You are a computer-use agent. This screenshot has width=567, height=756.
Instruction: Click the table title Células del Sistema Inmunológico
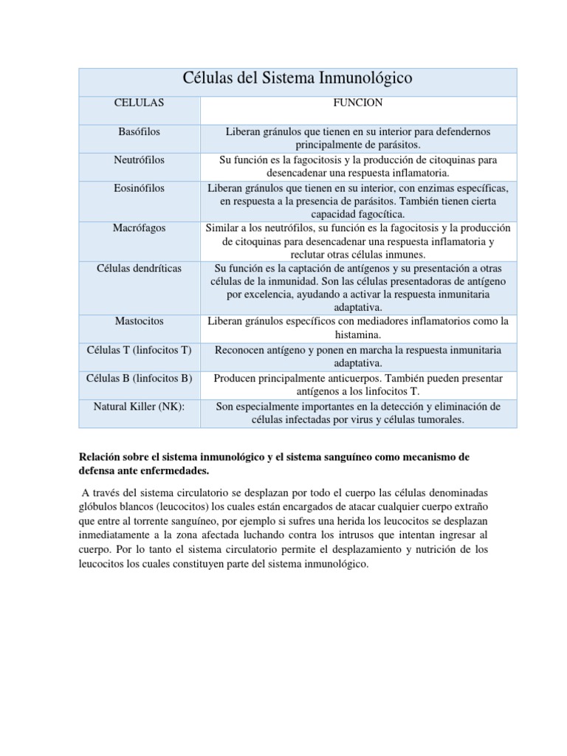point(297,78)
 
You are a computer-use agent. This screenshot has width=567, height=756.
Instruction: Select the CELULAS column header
point(140,103)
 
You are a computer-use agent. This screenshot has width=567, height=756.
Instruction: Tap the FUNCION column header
point(358,103)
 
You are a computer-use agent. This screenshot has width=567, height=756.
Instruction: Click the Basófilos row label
point(140,131)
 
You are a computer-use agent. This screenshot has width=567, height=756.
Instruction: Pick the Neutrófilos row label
point(140,159)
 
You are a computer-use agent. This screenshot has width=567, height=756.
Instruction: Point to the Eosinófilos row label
point(140,188)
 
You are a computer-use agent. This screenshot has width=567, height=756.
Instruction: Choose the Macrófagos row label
point(140,228)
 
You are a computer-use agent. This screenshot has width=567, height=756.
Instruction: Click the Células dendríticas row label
point(140,268)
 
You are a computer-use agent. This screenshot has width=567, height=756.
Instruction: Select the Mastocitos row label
point(140,321)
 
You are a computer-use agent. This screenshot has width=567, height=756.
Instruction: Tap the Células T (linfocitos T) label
point(140,350)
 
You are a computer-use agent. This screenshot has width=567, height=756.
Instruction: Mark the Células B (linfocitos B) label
point(140,378)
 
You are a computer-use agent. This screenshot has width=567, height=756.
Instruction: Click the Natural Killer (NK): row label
point(140,407)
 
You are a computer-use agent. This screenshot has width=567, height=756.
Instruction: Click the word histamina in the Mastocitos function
point(358,334)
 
